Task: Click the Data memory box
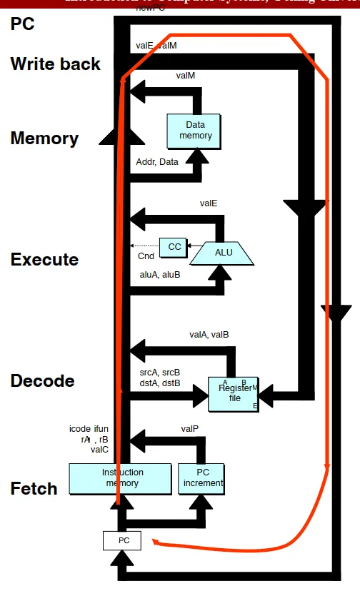(196, 130)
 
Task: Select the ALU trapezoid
(224, 252)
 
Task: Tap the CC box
(174, 246)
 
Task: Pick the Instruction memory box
(121, 478)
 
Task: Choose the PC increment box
(203, 478)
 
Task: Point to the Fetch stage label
(34, 489)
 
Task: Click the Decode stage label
(42, 381)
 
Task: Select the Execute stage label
(44, 260)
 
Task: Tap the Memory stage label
(44, 138)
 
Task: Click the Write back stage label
(56, 64)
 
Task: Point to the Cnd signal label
(146, 256)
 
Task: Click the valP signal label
(190, 429)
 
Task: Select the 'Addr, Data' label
(157, 162)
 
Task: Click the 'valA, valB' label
(209, 334)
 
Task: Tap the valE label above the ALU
(209, 203)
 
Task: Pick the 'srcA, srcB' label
(159, 372)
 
